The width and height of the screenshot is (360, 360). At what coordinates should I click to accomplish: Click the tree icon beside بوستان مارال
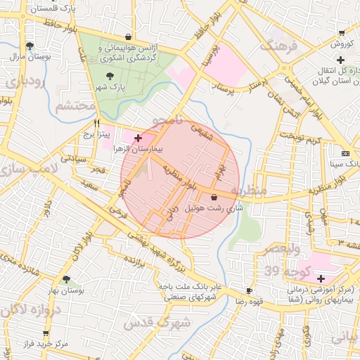click(29, 46)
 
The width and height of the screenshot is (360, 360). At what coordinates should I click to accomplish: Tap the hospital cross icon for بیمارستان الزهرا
click(138, 138)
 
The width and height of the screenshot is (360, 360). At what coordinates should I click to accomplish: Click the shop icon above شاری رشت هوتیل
click(214, 198)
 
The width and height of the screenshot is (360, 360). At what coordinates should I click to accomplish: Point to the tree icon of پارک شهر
click(108, 76)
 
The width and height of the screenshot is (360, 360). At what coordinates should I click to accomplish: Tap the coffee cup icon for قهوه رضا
click(249, 290)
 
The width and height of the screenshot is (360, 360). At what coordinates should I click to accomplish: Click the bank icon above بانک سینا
click(345, 153)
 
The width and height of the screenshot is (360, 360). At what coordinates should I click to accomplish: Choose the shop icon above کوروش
click(342, 32)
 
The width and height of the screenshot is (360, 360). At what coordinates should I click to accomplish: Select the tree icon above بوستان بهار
click(67, 279)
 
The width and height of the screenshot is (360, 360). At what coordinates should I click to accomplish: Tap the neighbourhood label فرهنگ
click(279, 48)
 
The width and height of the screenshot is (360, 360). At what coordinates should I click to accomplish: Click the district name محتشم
click(75, 107)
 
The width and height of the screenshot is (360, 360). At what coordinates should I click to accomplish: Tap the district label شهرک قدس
click(156, 323)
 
